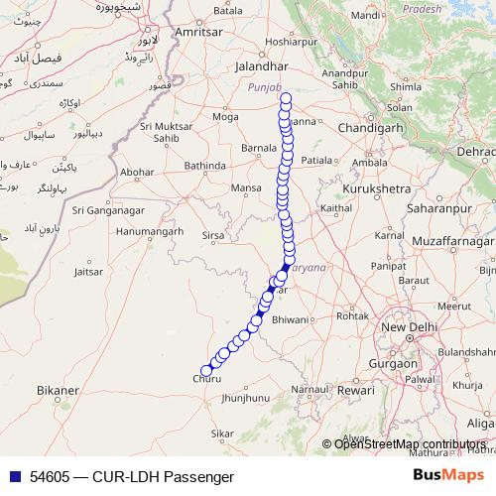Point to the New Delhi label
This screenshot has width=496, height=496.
coord(407,328)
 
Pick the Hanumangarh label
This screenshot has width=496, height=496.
coord(150,231)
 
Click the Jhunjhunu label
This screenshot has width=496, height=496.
coord(247,398)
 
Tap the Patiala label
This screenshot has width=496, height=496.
coord(316,159)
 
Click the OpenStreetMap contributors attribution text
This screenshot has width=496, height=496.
coord(411,443)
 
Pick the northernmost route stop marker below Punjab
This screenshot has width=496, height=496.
coord(286,99)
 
